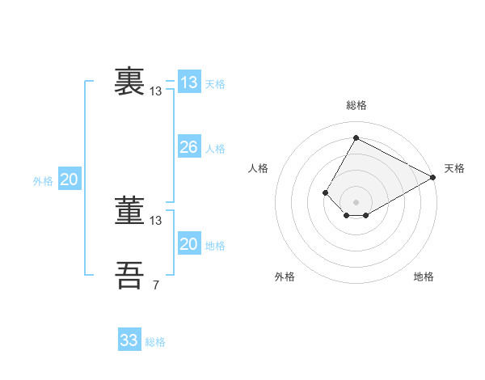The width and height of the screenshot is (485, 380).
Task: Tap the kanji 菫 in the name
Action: pyautogui.click(x=130, y=210)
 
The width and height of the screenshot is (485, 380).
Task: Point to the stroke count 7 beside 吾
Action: pyautogui.click(x=156, y=285)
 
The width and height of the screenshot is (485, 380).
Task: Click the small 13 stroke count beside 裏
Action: pyautogui.click(x=156, y=91)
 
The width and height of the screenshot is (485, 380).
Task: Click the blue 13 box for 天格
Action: pyautogui.click(x=188, y=82)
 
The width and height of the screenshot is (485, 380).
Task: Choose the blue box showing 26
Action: pyautogui.click(x=188, y=147)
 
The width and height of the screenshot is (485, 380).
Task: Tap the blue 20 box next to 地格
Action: pyautogui.click(x=188, y=244)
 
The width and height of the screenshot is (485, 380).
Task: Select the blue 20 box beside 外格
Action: pyautogui.click(x=69, y=179)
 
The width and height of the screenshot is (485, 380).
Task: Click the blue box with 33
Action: pyautogui.click(x=129, y=340)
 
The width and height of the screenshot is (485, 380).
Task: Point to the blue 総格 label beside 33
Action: pyautogui.click(x=155, y=342)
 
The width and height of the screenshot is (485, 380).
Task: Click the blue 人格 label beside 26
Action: pyautogui.click(x=215, y=149)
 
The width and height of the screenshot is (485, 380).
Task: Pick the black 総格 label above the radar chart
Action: pyautogui.click(x=356, y=105)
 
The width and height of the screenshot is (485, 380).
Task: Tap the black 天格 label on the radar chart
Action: pyautogui.click(x=454, y=168)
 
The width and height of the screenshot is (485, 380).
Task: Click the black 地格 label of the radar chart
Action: pyautogui.click(x=424, y=277)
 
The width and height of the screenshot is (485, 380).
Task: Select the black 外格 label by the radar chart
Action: pyautogui.click(x=285, y=277)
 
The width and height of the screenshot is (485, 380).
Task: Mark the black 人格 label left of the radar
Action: pyautogui.click(x=259, y=168)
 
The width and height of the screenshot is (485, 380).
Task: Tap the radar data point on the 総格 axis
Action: pyautogui.click(x=356, y=137)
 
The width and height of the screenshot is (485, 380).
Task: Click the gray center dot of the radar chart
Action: pyautogui.click(x=356, y=201)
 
